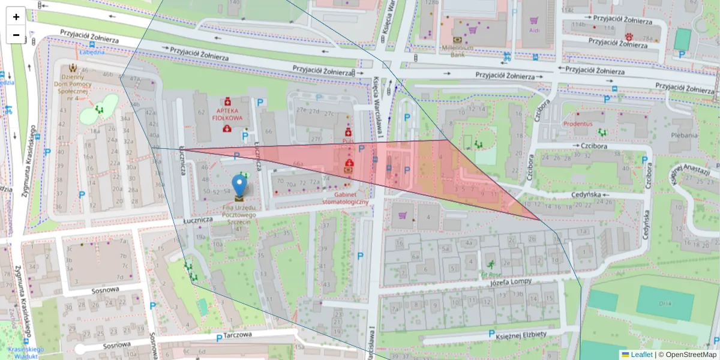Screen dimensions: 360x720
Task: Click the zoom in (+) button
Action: pos(16,17)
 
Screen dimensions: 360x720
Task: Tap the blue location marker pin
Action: pos(239,185)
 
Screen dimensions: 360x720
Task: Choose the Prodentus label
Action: pos(577,124)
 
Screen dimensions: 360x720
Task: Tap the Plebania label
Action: pos(685,136)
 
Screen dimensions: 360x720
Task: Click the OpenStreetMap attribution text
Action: pos(687,355)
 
